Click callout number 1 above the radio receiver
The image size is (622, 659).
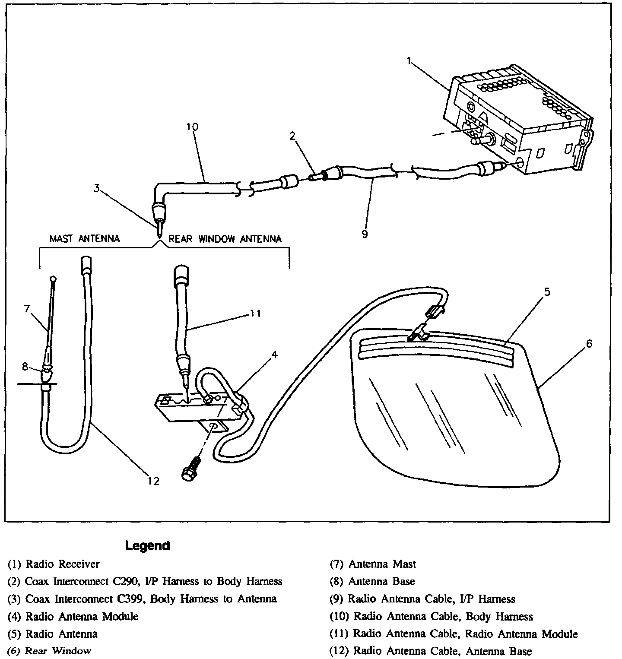point(408,61)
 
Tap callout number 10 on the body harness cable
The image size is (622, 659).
point(192,127)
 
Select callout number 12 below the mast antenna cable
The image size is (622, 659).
point(153,481)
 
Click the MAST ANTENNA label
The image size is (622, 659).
point(85,239)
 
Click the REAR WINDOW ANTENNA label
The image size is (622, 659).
point(225,239)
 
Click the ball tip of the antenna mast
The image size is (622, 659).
point(54,279)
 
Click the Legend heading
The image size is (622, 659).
point(147,545)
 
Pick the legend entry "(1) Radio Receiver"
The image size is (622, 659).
point(54,564)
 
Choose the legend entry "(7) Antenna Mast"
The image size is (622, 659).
point(372,564)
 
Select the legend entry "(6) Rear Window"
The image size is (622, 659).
point(49,651)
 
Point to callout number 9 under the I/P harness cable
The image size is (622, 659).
point(365,234)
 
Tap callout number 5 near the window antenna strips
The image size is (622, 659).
point(547,292)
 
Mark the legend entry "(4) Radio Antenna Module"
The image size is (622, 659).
point(73,616)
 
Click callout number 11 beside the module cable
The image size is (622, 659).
point(256,313)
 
